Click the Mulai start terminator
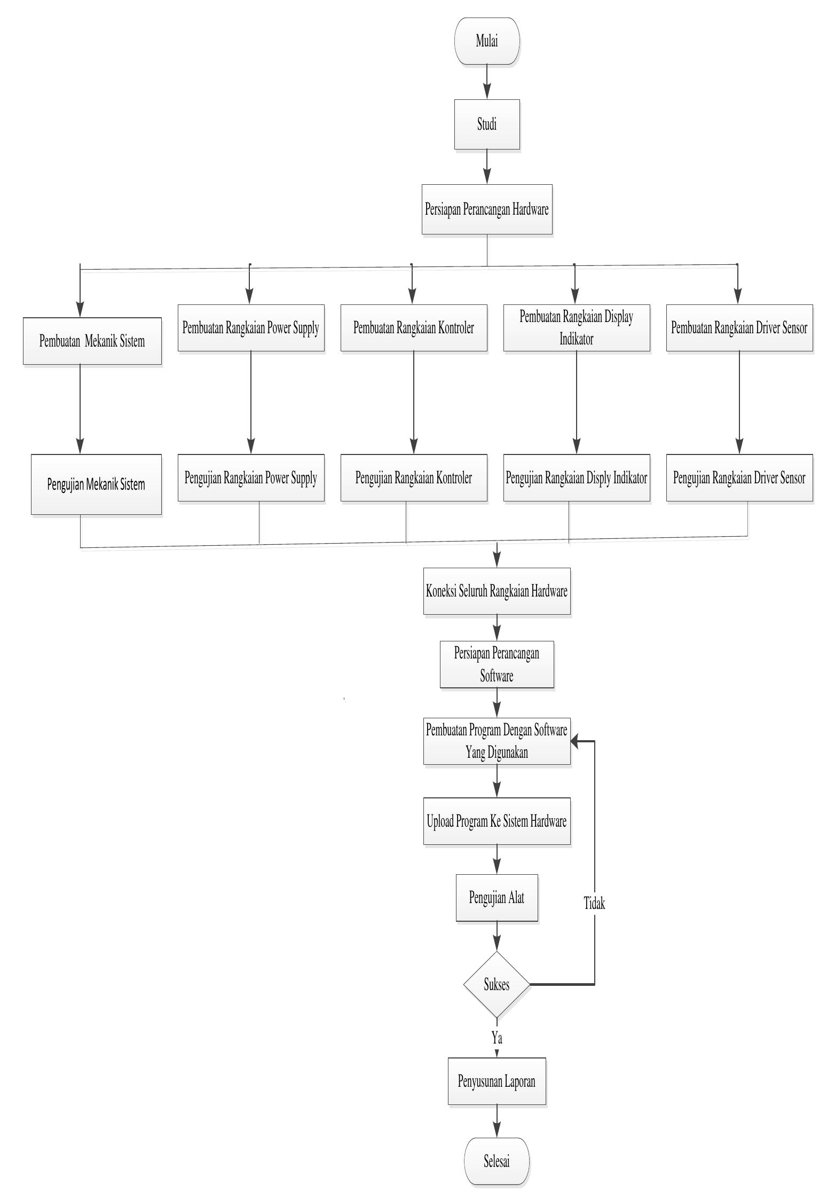point(486,41)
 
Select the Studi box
point(486,124)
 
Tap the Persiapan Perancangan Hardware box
point(486,209)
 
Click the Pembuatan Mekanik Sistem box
point(92,341)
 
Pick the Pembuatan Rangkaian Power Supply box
point(251,327)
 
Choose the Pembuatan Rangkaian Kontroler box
point(414,327)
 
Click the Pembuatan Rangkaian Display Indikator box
point(576,327)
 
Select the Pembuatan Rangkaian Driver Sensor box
point(739,327)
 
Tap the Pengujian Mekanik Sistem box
point(96,484)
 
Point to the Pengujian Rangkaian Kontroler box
point(414,477)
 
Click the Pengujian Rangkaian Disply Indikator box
point(576,477)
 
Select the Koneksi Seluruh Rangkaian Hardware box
point(497,591)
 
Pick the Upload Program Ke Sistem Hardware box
point(497,821)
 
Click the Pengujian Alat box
point(497,897)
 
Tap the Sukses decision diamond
point(497,984)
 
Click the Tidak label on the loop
point(594,904)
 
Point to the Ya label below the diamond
point(497,1038)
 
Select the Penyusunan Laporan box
point(497,1081)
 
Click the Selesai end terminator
point(497,1160)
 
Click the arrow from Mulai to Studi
point(487,82)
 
